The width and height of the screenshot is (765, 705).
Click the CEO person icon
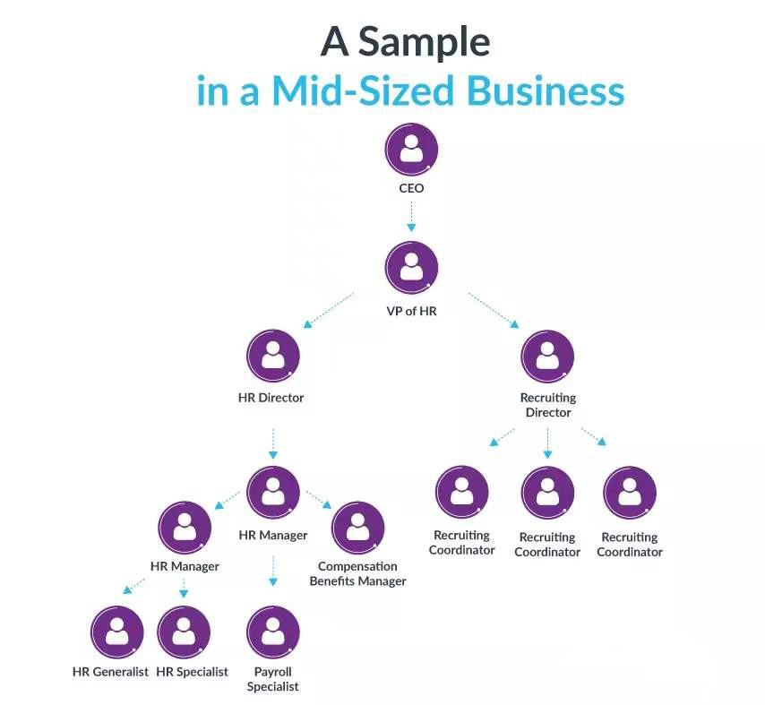tap(411, 149)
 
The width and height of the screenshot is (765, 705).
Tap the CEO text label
tap(411, 189)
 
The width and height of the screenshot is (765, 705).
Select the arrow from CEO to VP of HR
tap(411, 215)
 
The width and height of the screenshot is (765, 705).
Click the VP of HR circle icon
tap(411, 269)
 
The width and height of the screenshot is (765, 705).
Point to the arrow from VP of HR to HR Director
tap(329, 309)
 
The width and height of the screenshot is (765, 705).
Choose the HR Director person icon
tap(272, 356)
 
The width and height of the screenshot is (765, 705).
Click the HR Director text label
tap(271, 398)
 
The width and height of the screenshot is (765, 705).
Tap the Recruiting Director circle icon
tap(547, 356)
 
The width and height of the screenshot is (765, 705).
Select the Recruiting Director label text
tap(547, 405)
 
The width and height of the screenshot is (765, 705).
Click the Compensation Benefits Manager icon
tap(357, 528)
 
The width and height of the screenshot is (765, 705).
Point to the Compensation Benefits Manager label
tap(357, 573)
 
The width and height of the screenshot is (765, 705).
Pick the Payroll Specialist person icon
tap(272, 632)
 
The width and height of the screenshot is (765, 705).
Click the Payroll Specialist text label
tap(272, 679)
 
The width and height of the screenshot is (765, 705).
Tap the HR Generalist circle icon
tap(116, 632)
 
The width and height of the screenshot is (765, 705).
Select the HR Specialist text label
tap(192, 672)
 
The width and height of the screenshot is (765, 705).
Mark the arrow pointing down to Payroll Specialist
tap(272, 570)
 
